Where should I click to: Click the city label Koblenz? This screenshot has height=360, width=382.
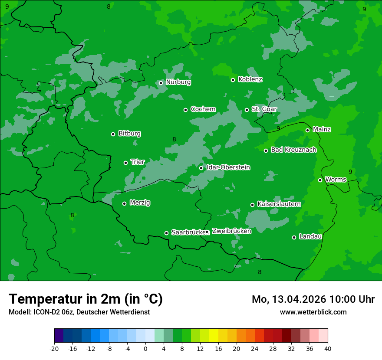[x=250, y=79]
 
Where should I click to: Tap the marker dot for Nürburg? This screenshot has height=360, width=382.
[x=161, y=83]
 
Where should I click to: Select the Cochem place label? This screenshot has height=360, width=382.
[x=203, y=109]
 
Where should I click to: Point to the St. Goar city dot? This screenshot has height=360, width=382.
[x=247, y=110]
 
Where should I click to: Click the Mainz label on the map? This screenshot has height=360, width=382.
[x=322, y=130]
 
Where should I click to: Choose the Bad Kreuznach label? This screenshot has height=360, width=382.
[x=293, y=150]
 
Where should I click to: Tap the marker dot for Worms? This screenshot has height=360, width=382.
[x=320, y=180]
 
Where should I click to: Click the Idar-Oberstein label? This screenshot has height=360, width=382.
[x=228, y=167]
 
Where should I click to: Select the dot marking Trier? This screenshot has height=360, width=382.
[x=125, y=163]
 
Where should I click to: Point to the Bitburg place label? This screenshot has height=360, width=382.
[x=129, y=134]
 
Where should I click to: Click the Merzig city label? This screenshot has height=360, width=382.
[x=140, y=203]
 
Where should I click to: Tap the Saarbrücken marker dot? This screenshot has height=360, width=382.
[x=166, y=233]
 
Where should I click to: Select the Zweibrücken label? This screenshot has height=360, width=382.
[x=231, y=231]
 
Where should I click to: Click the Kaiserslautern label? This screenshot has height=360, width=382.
[x=279, y=204]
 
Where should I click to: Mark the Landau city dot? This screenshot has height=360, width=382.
[x=294, y=237]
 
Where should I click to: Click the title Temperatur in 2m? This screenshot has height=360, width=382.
[x=86, y=299]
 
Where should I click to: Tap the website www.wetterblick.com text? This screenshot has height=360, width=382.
[x=313, y=312]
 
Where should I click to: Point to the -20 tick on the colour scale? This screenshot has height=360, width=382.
[x=54, y=349]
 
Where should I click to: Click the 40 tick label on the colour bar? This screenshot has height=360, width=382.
[x=328, y=349]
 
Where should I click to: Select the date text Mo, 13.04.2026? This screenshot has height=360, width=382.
[x=289, y=300]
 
